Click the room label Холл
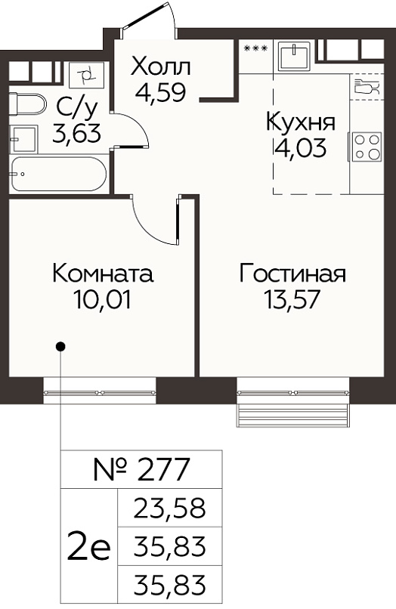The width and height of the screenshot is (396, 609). [161, 66]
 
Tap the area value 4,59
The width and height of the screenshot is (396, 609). [160, 91]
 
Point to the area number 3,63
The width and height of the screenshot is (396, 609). [76, 133]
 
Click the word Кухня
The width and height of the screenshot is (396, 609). [301, 122]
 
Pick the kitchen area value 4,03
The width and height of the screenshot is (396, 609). [300, 147]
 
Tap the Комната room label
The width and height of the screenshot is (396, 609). [103, 274]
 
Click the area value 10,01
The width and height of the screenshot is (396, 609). [103, 299]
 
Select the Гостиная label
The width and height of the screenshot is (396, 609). [292, 274]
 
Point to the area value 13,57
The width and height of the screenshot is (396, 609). [292, 299]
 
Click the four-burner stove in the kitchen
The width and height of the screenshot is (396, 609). [366, 147]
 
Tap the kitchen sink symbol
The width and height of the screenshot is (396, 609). [295, 56]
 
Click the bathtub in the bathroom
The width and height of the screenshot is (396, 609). [58, 174]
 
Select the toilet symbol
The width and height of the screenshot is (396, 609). [26, 104]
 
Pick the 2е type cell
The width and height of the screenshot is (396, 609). [88, 547]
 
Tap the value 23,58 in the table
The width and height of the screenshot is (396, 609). [169, 508]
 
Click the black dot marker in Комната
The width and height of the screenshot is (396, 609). [60, 345]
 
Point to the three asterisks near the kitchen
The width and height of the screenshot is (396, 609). [255, 48]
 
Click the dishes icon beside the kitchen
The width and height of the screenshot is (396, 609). [367, 86]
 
